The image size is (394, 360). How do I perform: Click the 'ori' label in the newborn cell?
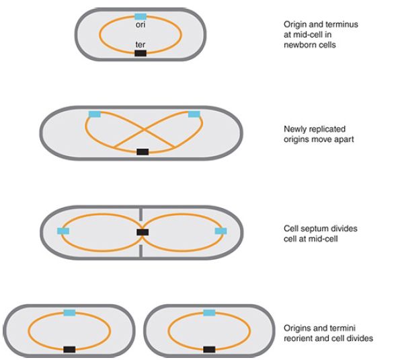point(141,25)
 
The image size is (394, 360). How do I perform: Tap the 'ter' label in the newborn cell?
point(141,44)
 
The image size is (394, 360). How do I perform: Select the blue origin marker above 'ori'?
point(141,17)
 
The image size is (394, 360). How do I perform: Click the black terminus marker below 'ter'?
point(141,53)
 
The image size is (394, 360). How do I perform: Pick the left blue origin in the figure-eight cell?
point(95,114)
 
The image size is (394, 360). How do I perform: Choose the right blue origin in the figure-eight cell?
point(194,114)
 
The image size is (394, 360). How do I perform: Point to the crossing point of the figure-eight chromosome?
point(144,130)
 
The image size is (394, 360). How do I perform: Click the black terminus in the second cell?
point(143,151)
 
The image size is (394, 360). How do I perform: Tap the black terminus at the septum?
point(143,232)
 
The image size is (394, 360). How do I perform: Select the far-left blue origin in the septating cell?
point(63,231)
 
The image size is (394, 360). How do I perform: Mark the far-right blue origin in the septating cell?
point(221,231)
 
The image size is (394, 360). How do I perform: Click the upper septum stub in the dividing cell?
point(141,214)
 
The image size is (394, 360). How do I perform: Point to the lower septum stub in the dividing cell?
point(141,250)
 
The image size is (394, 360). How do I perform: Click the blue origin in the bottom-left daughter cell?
point(69,313)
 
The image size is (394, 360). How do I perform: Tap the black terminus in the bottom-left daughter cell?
point(69,349)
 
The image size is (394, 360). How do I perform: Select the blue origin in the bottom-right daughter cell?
point(209,313)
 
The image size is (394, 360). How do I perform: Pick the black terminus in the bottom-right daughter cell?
point(209,349)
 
